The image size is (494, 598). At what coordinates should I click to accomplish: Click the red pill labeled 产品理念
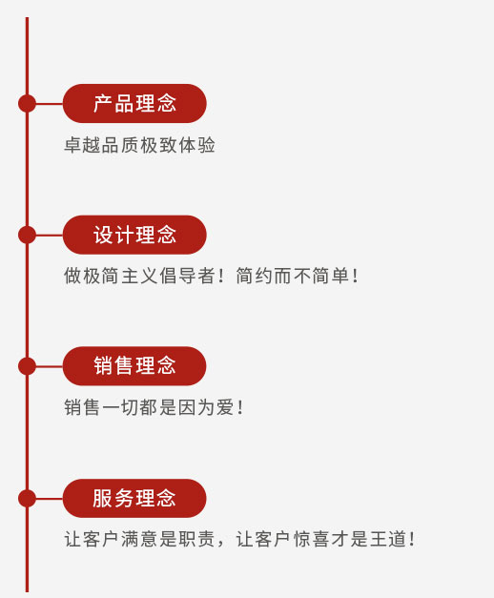pos(134,103)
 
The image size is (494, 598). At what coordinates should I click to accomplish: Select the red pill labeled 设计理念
pos(134,235)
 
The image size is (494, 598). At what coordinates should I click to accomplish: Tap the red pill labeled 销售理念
pos(134,365)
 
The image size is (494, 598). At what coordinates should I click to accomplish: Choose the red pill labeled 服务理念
pos(134,498)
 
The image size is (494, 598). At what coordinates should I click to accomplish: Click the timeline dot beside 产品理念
pos(27,103)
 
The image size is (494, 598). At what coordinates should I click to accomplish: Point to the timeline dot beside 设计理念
pos(27,235)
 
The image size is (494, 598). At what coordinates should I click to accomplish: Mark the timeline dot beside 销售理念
pos(27,365)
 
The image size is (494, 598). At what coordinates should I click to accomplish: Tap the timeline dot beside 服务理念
pos(27,498)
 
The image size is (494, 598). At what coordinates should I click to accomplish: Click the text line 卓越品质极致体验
pos(139,145)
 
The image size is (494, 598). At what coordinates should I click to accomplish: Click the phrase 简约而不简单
pos(293,276)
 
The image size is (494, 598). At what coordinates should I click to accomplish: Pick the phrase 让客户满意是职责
pos(139,539)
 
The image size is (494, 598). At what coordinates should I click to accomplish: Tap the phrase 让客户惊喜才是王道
pos(321,539)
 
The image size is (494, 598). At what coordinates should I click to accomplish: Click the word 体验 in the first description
pos(196,145)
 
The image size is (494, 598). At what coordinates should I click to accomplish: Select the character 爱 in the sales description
pos(225,407)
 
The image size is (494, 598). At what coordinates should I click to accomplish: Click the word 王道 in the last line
pos(388,539)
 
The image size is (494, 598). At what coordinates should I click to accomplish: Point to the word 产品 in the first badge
pos(113,103)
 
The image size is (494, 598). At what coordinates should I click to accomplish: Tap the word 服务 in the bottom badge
pos(113,498)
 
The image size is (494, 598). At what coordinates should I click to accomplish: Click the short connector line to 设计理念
pos(50,235)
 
